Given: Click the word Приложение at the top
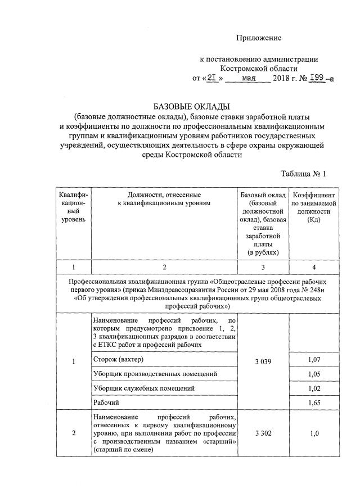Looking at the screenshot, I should [x=258, y=38].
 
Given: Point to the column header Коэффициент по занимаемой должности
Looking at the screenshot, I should [x=313, y=206].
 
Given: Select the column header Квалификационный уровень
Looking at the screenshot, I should [x=73, y=206].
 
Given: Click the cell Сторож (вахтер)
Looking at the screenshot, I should [x=117, y=359].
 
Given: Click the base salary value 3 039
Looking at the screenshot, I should [x=263, y=361].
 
